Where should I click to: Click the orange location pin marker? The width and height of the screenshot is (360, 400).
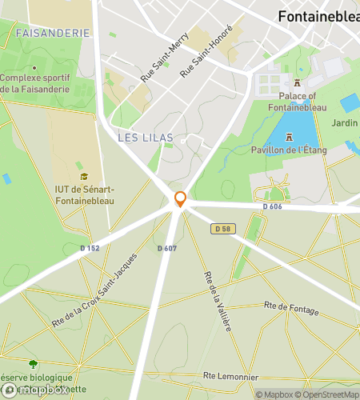click(181, 198)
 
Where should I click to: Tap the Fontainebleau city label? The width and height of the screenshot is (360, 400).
click(318, 15)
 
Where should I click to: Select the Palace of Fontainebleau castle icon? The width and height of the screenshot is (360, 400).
click(297, 82)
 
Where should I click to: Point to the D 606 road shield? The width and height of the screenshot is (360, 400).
click(274, 206)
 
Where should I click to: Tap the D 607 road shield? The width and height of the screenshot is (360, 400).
click(166, 248)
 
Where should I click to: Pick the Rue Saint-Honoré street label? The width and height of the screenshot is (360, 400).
click(206, 50)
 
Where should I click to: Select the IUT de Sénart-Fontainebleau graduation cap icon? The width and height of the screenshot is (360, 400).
click(84, 177)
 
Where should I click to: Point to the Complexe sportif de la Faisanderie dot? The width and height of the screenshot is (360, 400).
click(3, 78)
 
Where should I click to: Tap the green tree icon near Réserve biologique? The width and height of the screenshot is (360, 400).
click(33, 364)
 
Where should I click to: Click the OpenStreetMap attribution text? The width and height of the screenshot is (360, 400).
click(327, 394)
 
